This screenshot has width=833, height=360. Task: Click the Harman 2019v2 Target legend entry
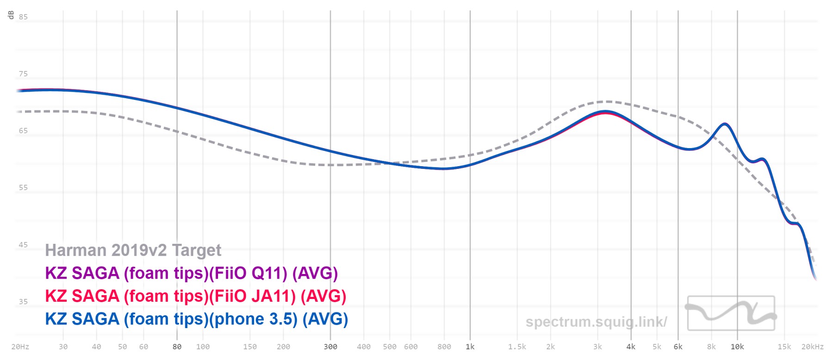pos(133,250)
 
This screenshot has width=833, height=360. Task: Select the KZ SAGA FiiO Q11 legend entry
pos(191,273)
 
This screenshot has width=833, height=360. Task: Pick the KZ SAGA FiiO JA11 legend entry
pos(195,296)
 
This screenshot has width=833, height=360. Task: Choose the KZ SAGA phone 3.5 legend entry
pos(196,319)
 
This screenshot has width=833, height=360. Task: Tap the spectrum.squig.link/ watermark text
pos(596,322)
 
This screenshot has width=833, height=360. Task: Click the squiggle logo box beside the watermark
pos(731,313)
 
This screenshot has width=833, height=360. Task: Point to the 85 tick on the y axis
pos(23,17)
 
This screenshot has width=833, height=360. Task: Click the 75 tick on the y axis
pos(23,74)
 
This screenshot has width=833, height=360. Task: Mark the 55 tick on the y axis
pos(23,188)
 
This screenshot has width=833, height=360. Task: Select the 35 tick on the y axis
pos(23,302)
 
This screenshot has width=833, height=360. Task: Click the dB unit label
pos(11,15)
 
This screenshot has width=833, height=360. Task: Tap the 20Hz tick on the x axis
pos(20,347)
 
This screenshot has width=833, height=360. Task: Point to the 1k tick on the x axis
pos(470,347)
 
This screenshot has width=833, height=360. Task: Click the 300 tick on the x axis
pos(330,347)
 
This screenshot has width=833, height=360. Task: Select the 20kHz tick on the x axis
pos(812,347)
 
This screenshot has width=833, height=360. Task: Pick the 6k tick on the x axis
pos(678,347)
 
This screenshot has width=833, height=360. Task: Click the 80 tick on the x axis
pos(177,347)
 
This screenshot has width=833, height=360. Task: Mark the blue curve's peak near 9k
pos(725,124)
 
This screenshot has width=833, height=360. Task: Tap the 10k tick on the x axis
pos(737,347)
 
